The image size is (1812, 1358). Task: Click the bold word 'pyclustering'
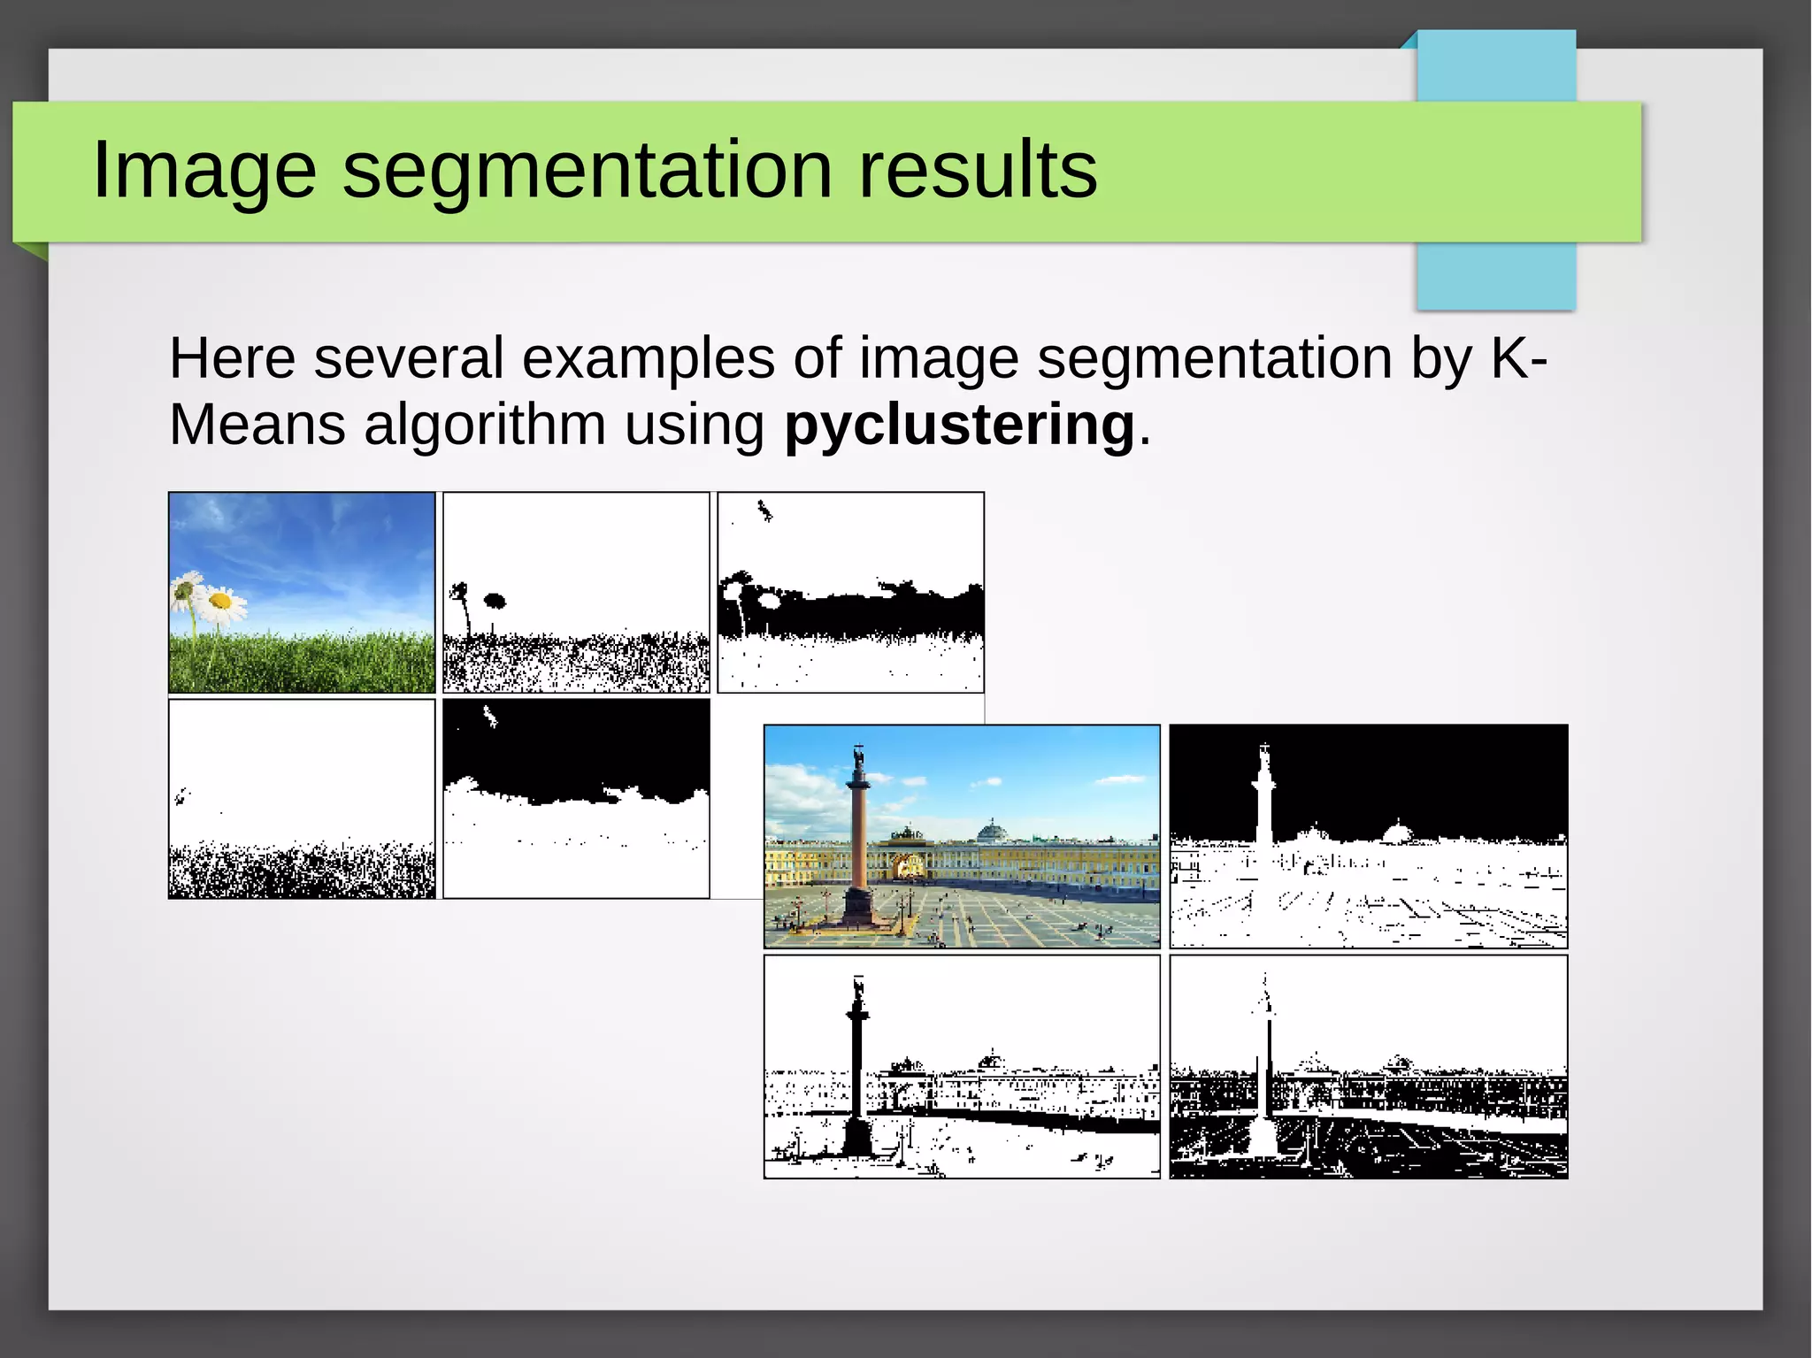(959, 426)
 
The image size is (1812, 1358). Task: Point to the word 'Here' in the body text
(232, 358)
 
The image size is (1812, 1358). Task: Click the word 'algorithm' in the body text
(485, 426)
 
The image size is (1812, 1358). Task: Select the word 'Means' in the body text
(257, 426)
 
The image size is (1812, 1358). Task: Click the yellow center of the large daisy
(220, 602)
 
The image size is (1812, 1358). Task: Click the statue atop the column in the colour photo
(857, 759)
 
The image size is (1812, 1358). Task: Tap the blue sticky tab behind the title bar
(1496, 274)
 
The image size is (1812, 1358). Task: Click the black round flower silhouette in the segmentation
(495, 602)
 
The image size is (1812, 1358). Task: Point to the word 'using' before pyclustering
(695, 426)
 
